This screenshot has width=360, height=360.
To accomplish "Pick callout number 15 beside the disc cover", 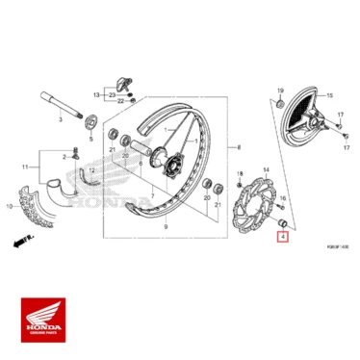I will click(327, 96).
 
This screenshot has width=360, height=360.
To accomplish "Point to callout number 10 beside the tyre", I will click(12, 206).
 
